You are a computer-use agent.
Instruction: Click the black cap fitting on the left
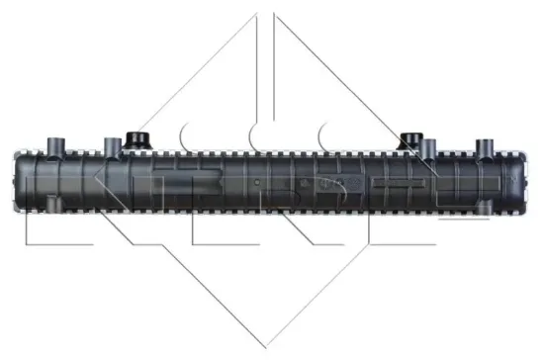[x=137, y=138]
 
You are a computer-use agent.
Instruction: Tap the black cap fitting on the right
[x=408, y=138]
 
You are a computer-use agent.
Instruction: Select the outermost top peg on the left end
[x=53, y=145]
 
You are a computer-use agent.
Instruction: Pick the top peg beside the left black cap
[x=110, y=145]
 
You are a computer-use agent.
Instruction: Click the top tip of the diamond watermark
[x=266, y=14]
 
